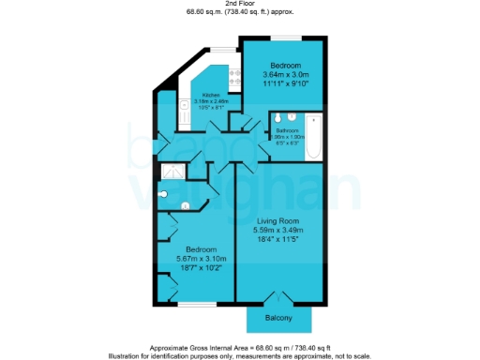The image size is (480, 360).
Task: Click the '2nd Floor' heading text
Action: (x=240, y=5)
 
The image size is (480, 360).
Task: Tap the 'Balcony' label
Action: (x=277, y=319)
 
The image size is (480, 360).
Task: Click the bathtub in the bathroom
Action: (x=314, y=138)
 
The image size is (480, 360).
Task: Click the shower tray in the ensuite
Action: (x=172, y=172)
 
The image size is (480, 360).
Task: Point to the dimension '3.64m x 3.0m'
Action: (x=282, y=74)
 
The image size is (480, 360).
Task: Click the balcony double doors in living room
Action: (x=277, y=299)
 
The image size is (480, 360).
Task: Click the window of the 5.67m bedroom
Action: (x=198, y=305)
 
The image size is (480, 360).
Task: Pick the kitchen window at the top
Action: (x=221, y=50)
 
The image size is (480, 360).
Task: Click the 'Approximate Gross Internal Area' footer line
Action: (x=240, y=346)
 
